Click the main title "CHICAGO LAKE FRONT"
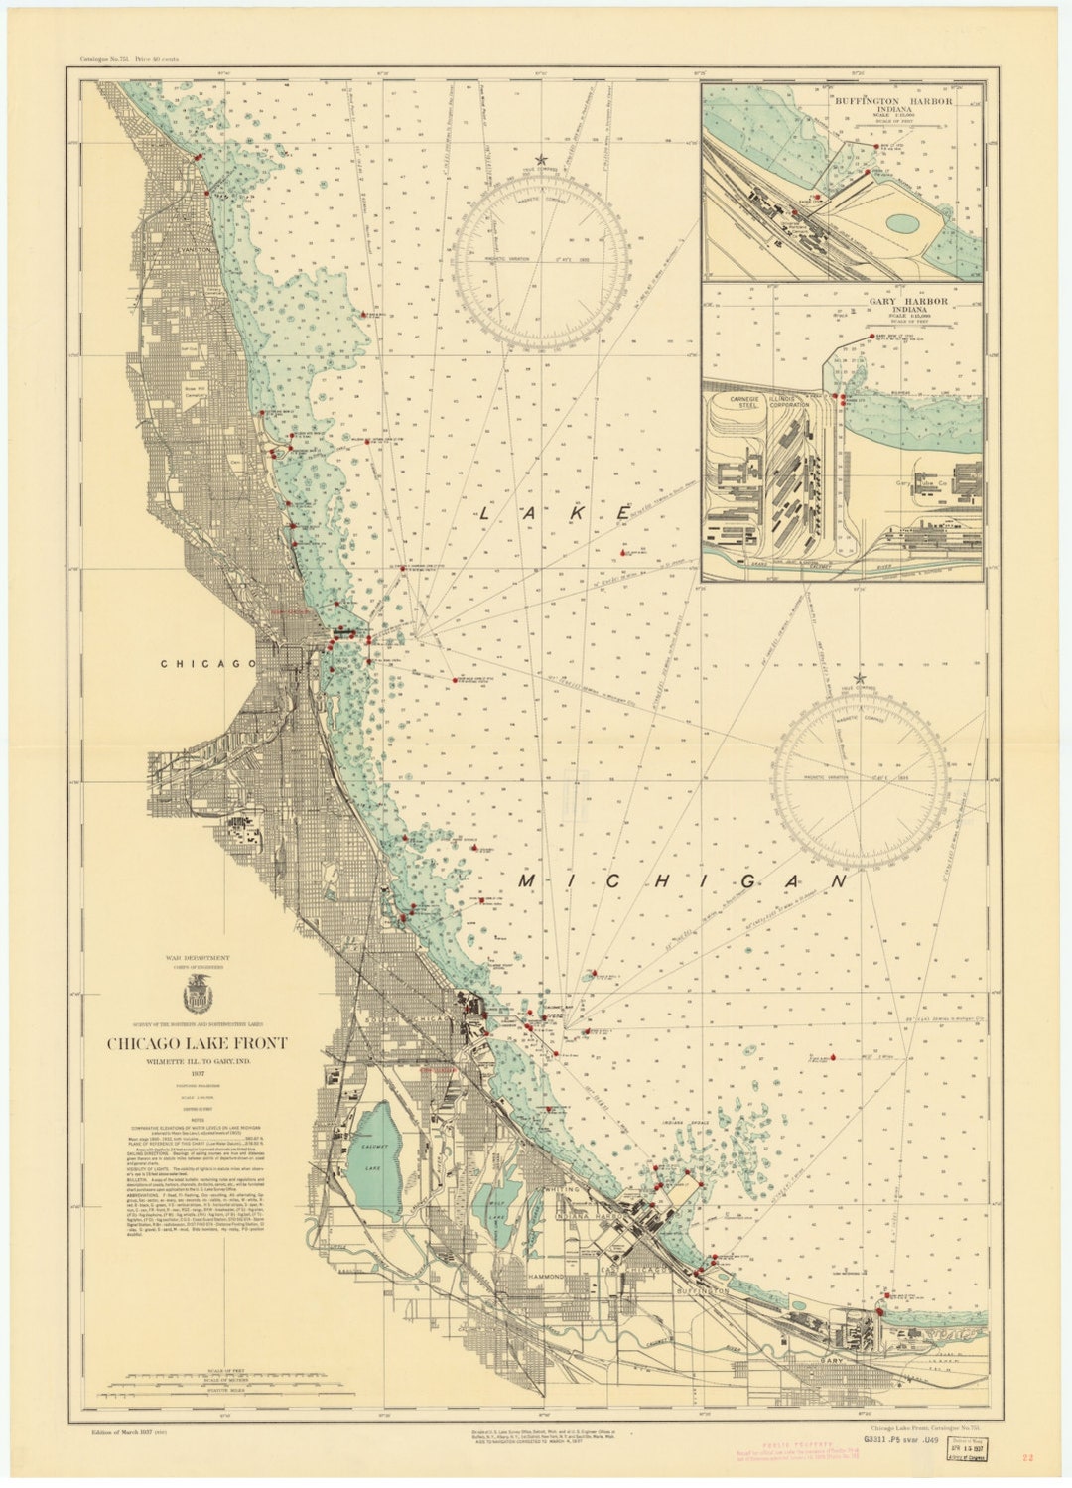pyautogui.click(x=197, y=1043)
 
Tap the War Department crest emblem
pyautogui.click(x=197, y=993)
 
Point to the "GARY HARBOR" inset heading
pyautogui.click(x=892, y=301)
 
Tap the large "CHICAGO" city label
pyautogui.click(x=201, y=663)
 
